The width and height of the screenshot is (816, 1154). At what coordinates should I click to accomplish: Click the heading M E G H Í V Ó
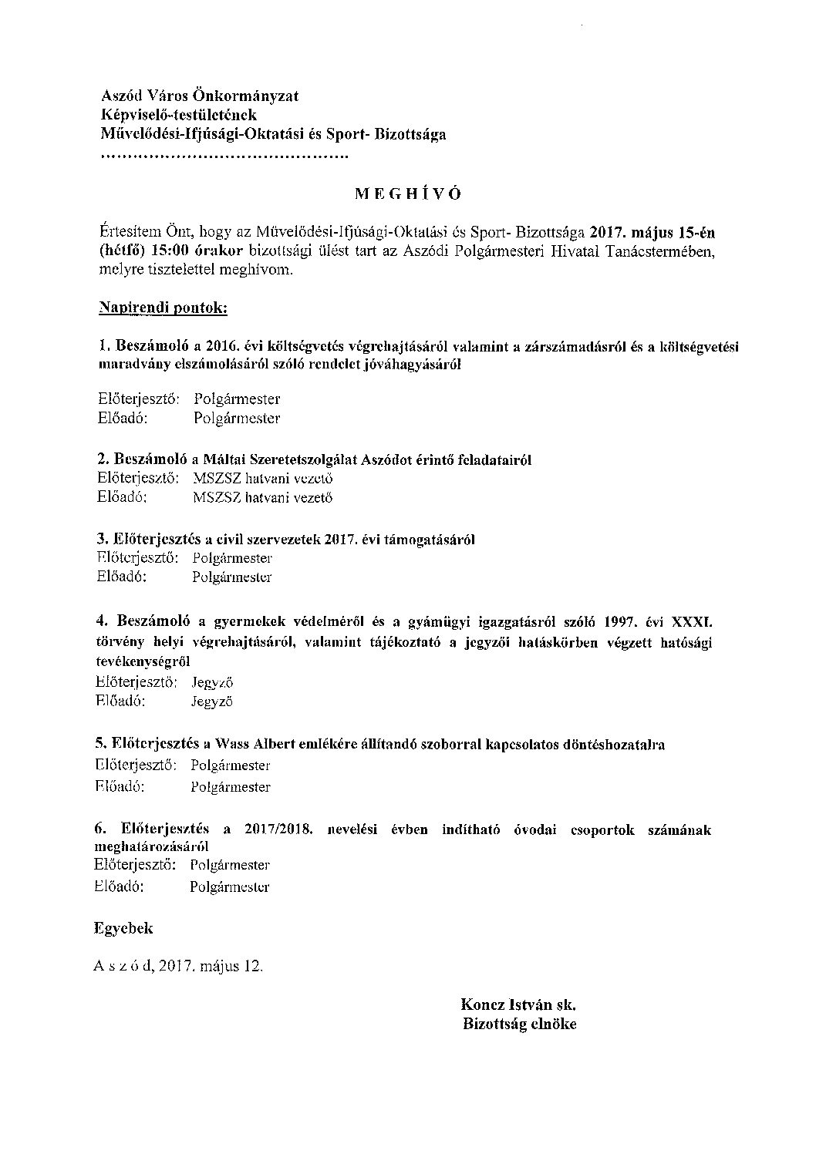coord(407,193)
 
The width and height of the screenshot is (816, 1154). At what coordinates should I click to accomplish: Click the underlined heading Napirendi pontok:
coord(163,308)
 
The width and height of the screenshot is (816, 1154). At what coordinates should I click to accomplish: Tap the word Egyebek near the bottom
coord(123,928)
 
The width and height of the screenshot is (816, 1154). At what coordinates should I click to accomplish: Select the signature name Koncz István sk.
coord(518,1004)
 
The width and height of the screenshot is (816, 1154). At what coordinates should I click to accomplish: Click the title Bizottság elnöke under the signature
coord(519,1024)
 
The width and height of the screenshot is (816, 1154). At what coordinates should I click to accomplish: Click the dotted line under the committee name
coord(224,156)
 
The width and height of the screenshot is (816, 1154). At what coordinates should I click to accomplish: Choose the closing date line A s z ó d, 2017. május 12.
coord(178,967)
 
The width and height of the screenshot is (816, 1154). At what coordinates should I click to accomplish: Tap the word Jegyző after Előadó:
coord(211,701)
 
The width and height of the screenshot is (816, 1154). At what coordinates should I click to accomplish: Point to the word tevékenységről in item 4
coord(143,662)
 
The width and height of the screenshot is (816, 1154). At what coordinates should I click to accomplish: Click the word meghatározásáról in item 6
coord(145,846)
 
